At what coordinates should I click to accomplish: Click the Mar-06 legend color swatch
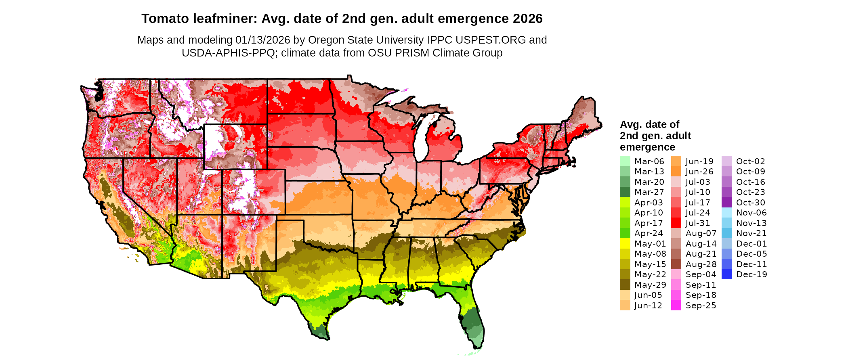[625, 161]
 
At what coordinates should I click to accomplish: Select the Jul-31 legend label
[698, 223]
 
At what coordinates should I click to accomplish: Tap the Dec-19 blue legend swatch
[726, 274]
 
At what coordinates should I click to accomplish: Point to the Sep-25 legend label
[701, 306]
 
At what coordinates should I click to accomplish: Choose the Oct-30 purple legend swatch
[726, 203]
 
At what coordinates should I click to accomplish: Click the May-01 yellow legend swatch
[625, 244]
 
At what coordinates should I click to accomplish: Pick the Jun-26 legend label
[699, 172]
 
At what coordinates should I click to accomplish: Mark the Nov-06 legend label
[751, 213]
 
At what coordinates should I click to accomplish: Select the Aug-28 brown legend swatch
[676, 264]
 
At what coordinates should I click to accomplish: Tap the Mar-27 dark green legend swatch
[625, 192]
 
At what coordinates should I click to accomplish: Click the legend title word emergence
[647, 147]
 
